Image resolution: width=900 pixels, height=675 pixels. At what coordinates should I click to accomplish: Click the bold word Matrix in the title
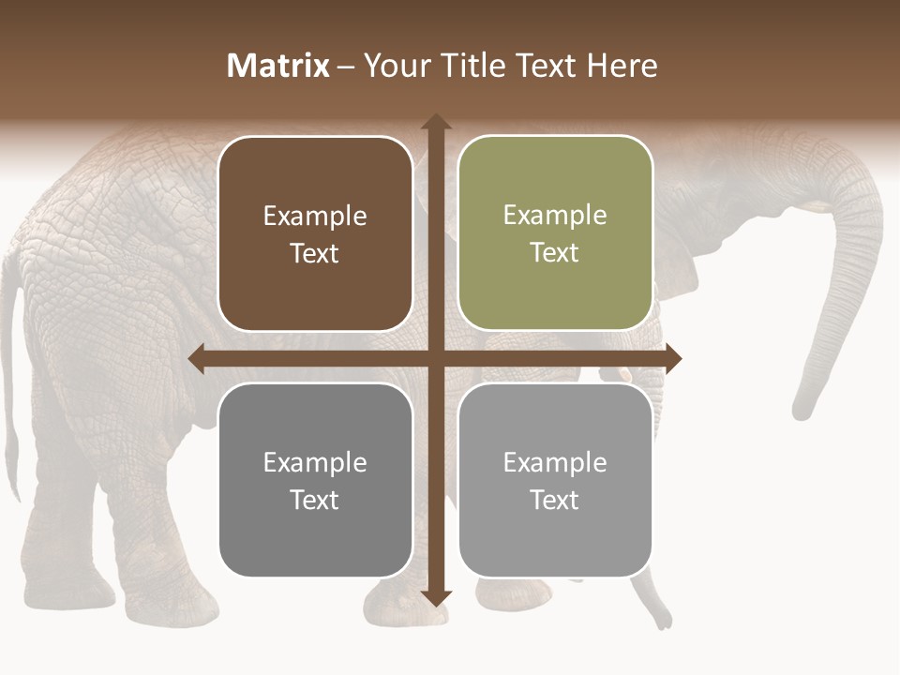278,66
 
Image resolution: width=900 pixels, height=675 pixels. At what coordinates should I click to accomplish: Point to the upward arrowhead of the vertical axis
436,122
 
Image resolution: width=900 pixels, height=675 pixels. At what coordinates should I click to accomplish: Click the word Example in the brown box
315,217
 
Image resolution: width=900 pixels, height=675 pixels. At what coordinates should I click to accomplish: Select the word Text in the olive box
555,253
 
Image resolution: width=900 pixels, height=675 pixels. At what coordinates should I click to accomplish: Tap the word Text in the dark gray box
315,500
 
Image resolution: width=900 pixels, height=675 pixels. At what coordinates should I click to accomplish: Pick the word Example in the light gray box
555,462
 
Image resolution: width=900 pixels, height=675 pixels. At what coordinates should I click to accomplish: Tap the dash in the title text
346,67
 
